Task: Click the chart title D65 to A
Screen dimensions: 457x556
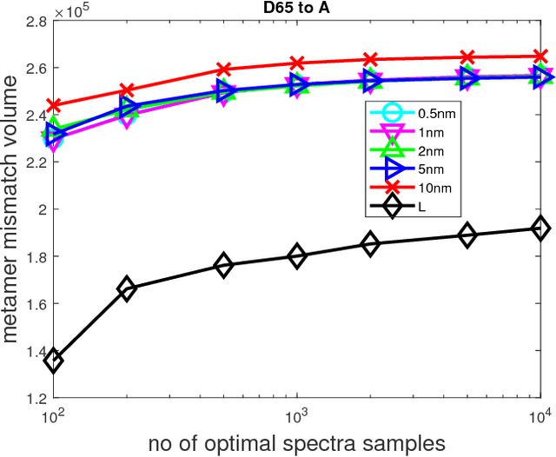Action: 296,9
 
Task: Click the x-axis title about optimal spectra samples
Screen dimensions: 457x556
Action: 297,442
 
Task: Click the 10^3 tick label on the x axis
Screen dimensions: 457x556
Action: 297,415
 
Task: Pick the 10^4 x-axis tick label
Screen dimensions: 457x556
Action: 540,415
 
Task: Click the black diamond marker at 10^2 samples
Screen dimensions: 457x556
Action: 54,361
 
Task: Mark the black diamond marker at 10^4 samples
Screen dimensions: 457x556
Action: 540,228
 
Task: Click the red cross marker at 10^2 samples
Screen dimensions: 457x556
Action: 54,106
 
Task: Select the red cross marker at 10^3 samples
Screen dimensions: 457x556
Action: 297,63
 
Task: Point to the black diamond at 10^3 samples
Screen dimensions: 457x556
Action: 297,256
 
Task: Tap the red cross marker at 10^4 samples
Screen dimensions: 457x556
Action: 540,56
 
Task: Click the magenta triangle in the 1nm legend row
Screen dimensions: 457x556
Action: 391,132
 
